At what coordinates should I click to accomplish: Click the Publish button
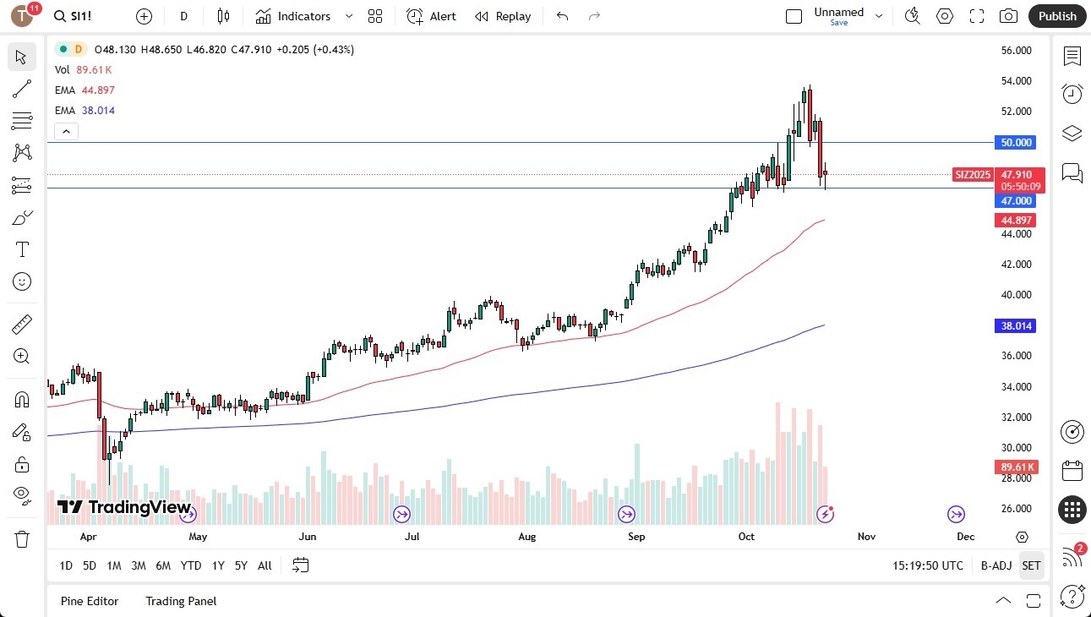pyautogui.click(x=1056, y=16)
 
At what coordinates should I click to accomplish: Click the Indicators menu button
pyautogui.click(x=303, y=16)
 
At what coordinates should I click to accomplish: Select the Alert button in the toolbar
pyautogui.click(x=431, y=16)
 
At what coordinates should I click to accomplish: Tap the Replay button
pyautogui.click(x=503, y=16)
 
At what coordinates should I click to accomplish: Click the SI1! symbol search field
pyautogui.click(x=82, y=16)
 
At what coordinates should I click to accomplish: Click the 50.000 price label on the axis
pyautogui.click(x=1017, y=143)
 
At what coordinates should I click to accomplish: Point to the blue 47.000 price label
pyautogui.click(x=1017, y=201)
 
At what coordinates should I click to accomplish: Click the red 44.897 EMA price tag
pyautogui.click(x=1017, y=220)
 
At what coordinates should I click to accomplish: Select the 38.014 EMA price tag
pyautogui.click(x=1017, y=326)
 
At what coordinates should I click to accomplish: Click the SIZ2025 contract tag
pyautogui.click(x=973, y=175)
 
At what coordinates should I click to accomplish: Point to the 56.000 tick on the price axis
pyautogui.click(x=1016, y=51)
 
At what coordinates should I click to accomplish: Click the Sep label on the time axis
pyautogui.click(x=636, y=537)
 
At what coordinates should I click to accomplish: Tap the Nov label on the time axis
pyautogui.click(x=866, y=537)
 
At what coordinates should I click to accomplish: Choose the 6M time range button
pyautogui.click(x=163, y=565)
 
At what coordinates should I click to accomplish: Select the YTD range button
pyautogui.click(x=191, y=565)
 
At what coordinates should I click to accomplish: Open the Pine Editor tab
pyautogui.click(x=90, y=601)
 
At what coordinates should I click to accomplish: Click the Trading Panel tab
pyautogui.click(x=181, y=601)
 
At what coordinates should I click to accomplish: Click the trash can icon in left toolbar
pyautogui.click(x=22, y=538)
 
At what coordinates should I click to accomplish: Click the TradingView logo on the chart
pyautogui.click(x=124, y=507)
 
